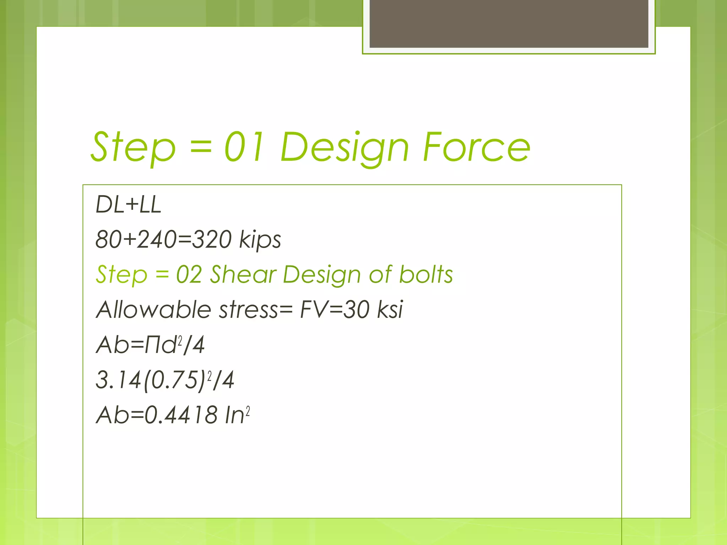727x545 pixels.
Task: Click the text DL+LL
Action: tap(129, 205)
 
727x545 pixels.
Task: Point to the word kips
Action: tap(260, 240)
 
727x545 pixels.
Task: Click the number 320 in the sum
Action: tap(212, 240)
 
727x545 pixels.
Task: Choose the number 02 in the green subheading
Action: tap(189, 275)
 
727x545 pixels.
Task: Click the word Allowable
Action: tap(154, 309)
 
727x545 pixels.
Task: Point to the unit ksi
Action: tap(390, 309)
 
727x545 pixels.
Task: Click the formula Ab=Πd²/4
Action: tap(150, 345)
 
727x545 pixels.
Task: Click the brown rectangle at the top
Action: tap(509, 23)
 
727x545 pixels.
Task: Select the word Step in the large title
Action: tap(133, 147)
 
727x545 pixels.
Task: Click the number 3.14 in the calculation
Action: tap(118, 380)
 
